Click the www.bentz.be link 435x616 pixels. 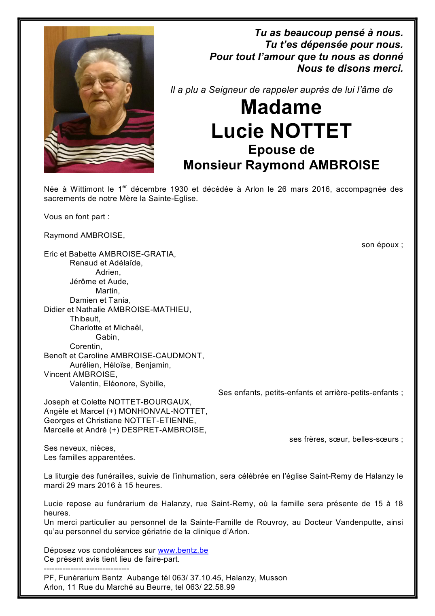click(183, 550)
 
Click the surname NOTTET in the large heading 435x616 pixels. click(311, 131)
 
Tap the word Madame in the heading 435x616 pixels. click(281, 107)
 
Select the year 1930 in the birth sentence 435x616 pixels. click(179, 189)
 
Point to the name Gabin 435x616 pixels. click(107, 337)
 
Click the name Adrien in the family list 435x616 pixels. click(108, 272)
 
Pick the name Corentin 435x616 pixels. click(85, 346)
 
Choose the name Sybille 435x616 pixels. click(152, 384)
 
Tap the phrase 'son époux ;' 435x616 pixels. click(382, 245)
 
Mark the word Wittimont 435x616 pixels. click(87, 189)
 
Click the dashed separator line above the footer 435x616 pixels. click(87, 569)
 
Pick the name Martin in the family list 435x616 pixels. click(107, 291)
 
